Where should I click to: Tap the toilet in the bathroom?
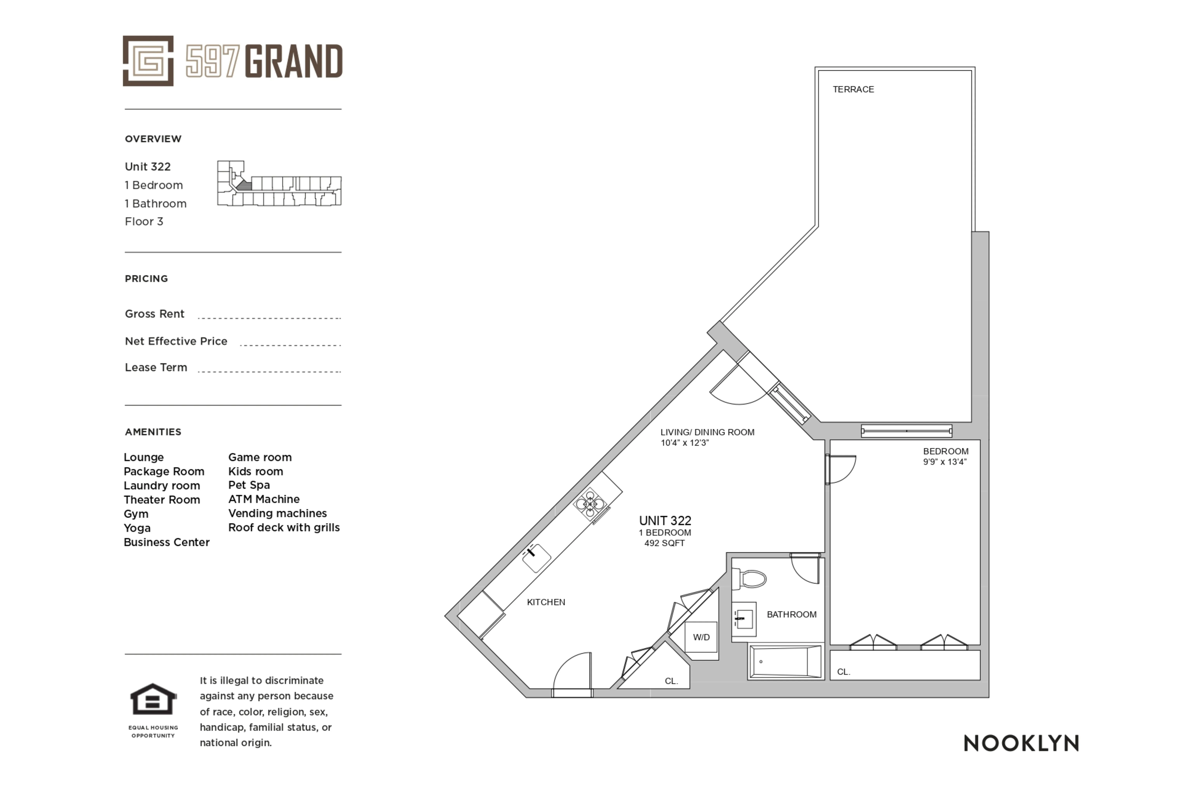coord(750,578)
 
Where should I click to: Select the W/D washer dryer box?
coord(701,637)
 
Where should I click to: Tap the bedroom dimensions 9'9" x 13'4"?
coord(944,462)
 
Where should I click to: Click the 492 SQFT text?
coord(664,543)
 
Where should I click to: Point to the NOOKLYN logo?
coord(1021,743)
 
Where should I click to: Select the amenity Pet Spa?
coord(249,485)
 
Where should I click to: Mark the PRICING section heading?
coord(146,279)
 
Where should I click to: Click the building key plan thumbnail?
coord(279,184)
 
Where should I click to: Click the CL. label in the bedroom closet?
coord(843,672)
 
